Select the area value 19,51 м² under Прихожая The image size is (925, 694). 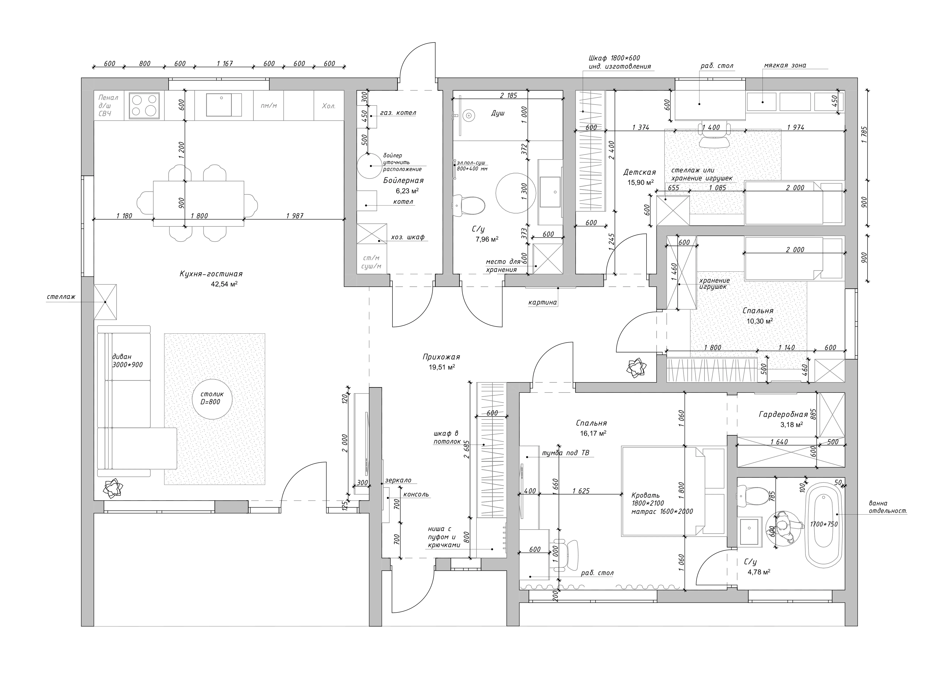pyautogui.click(x=442, y=367)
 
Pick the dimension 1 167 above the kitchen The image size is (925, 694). pyautogui.click(x=225, y=64)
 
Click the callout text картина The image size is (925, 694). pyautogui.click(x=542, y=302)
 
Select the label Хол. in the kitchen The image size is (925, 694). pyautogui.click(x=329, y=106)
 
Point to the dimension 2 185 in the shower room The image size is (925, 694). pyautogui.click(x=509, y=95)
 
